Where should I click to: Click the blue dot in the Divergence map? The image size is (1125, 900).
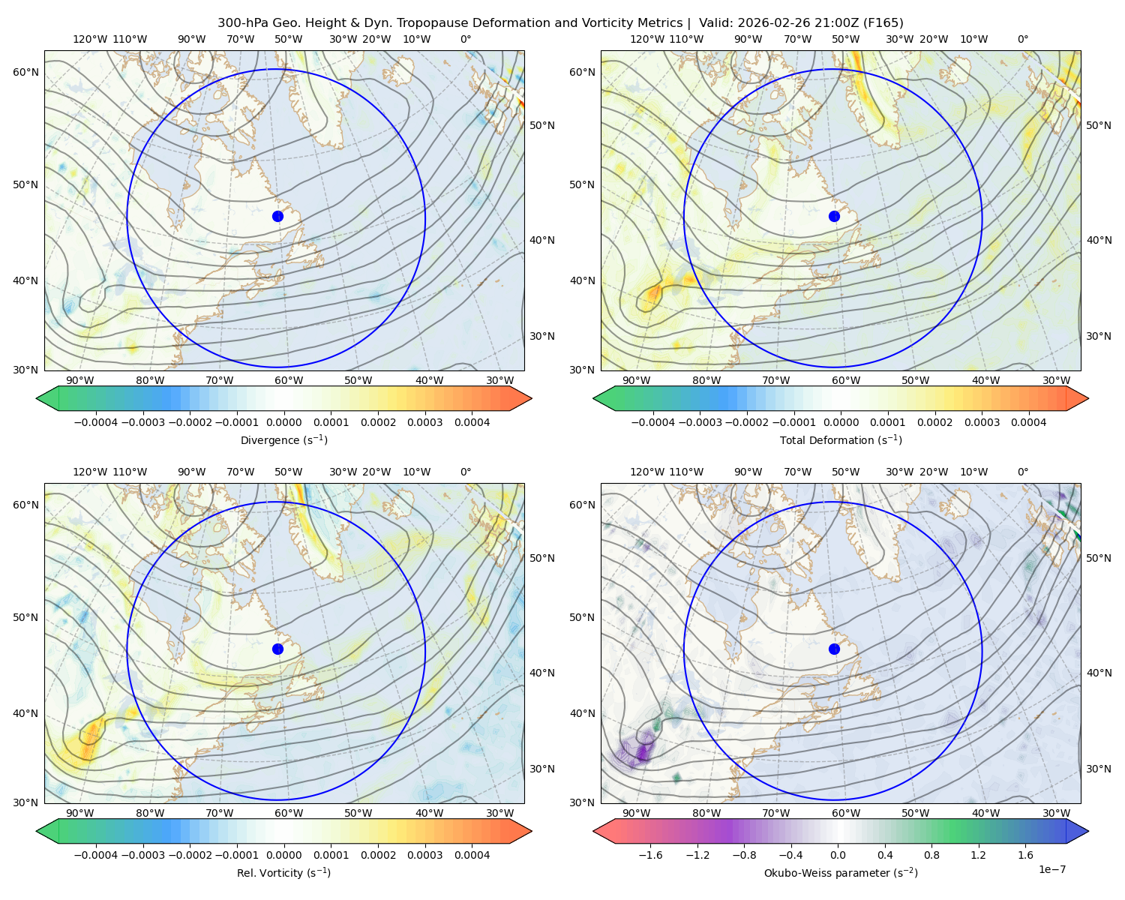pos(277,217)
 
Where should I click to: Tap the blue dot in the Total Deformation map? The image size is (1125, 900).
pos(834,217)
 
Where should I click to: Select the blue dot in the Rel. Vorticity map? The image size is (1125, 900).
pos(277,649)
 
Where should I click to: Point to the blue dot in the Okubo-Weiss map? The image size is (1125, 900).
pos(834,649)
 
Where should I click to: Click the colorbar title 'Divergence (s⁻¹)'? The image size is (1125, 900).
pos(283,440)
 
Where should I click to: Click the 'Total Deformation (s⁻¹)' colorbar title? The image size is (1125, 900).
pos(841,440)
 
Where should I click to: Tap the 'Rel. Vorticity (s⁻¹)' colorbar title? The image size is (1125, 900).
pos(283,873)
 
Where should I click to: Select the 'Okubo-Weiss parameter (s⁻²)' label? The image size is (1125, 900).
pos(841,873)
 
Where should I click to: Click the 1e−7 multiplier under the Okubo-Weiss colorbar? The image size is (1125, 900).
pos(1051,869)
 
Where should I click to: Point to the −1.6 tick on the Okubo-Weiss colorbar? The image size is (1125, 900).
pos(651,855)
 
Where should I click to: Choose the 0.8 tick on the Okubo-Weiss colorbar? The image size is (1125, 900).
pos(931,855)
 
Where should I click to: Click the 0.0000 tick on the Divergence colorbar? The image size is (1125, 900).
pos(283,422)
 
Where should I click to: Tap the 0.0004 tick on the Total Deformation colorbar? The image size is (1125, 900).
pos(1029,422)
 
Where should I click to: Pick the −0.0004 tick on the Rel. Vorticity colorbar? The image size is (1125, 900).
pos(96,855)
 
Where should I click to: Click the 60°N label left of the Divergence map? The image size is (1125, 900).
pos(25,72)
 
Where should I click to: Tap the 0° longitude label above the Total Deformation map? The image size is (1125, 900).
pos(1023,39)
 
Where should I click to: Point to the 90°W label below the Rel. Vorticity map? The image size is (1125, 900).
pos(80,813)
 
